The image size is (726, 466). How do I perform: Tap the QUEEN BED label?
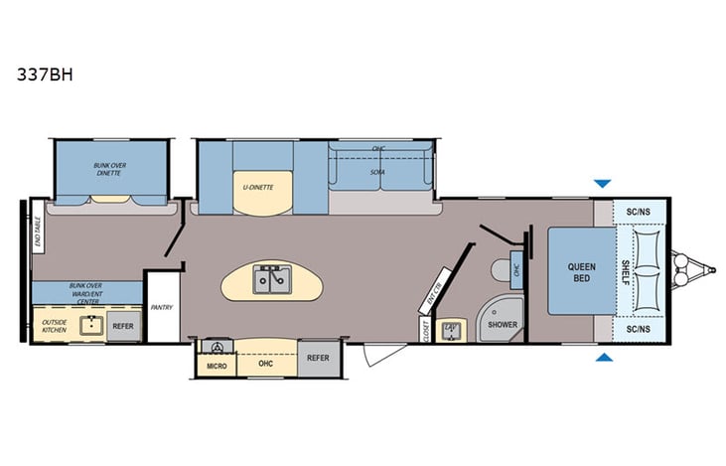pos(581,272)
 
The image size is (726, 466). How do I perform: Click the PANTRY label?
pos(162,308)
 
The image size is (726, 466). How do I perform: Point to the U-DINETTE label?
pos(259,186)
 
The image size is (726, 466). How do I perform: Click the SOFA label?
pos(378,172)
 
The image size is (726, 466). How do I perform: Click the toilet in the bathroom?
pos(499,269)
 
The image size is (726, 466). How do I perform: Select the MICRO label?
pos(216,366)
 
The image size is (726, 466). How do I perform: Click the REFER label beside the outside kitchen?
pos(122,325)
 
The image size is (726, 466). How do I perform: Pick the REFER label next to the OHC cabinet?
pos(318,358)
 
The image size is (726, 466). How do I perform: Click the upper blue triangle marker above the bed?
pos(602,184)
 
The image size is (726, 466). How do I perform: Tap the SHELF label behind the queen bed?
pos(626,270)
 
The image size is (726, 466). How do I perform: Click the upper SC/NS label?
pos(639,212)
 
